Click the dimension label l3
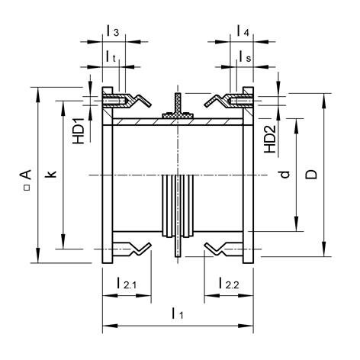click(x=112, y=31)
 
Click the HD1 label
click(x=78, y=132)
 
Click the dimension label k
click(x=51, y=175)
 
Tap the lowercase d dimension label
click(x=284, y=175)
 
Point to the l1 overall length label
click(x=177, y=313)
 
